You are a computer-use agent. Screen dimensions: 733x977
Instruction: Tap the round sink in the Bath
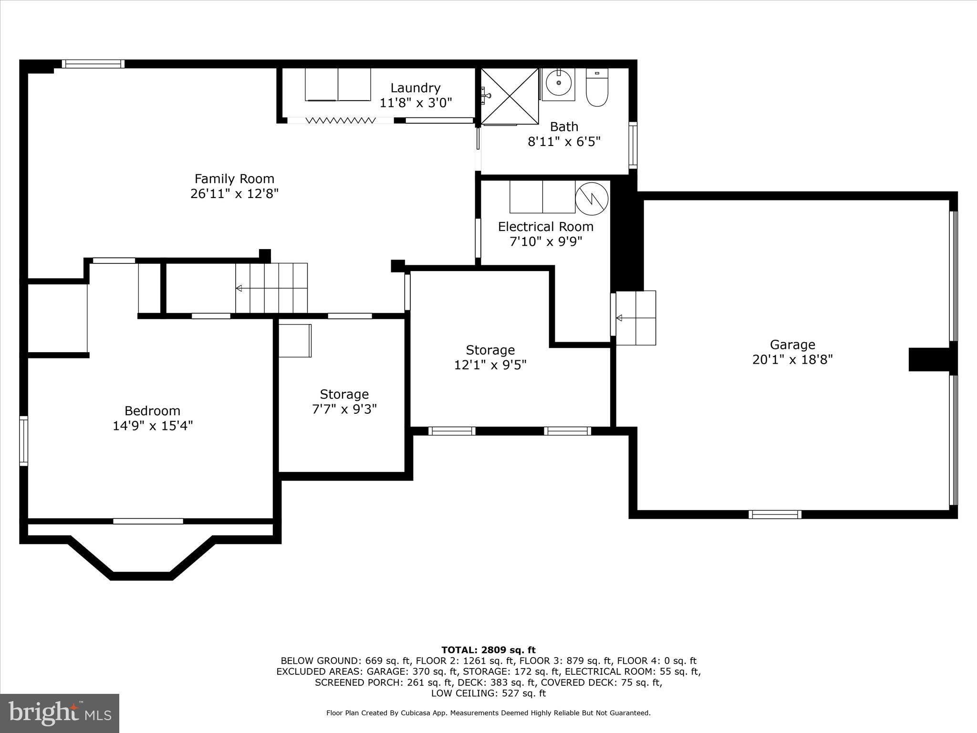point(558,84)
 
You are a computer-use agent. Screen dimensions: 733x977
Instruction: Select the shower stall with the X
point(509,96)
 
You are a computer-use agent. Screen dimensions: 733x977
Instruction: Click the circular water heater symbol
point(592,198)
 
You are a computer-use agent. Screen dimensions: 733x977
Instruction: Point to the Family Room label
point(234,179)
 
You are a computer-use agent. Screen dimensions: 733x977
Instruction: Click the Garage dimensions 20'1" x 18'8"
point(792,360)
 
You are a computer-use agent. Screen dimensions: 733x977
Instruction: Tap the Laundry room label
point(415,88)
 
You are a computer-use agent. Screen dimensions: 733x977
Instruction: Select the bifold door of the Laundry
point(340,120)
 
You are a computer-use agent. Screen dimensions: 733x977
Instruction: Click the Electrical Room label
point(546,227)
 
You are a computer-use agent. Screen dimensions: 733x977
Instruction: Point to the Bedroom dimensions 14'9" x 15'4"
point(153,426)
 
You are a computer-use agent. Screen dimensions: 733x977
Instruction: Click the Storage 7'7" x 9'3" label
point(344,395)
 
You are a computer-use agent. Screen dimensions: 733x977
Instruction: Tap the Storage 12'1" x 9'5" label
point(490,350)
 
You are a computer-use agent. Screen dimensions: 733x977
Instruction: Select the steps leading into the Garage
point(635,318)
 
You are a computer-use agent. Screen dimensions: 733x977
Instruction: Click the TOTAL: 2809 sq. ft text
point(488,650)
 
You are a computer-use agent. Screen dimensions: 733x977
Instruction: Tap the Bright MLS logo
point(60,713)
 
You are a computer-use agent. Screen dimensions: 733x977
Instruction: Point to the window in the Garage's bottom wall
point(775,514)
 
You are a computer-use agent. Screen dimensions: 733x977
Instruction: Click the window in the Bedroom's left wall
point(23,440)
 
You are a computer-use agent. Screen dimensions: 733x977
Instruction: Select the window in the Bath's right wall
point(633,145)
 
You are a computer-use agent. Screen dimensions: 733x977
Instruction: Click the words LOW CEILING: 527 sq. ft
point(488,693)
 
